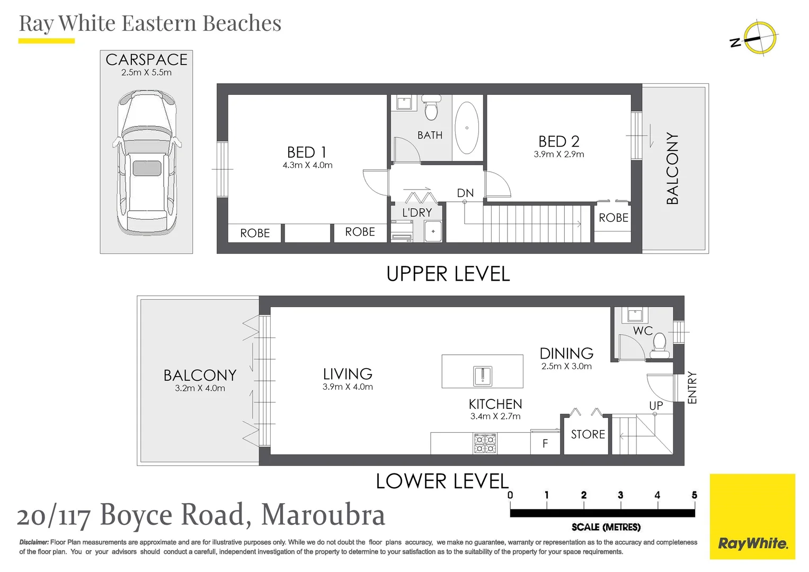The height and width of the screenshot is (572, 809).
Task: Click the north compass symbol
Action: [x=759, y=38]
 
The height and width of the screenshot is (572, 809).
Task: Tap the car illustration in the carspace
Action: [x=147, y=162]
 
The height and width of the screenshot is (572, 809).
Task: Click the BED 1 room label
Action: [x=306, y=153]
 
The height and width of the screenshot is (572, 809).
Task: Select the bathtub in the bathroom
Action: [x=467, y=128]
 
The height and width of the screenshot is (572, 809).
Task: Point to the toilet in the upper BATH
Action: [x=431, y=108]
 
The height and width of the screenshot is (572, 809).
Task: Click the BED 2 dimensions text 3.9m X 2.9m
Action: [x=558, y=155]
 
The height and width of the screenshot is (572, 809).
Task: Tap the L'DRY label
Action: [x=417, y=212]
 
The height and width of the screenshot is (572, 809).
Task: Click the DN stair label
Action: [x=465, y=193]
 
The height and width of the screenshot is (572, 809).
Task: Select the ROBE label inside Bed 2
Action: [x=613, y=218]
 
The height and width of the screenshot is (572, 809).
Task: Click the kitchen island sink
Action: [x=482, y=376]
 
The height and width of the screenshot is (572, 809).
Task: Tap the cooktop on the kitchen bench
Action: [x=485, y=443]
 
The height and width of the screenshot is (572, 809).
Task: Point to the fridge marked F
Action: [x=545, y=444]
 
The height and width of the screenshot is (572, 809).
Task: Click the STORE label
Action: [x=588, y=434]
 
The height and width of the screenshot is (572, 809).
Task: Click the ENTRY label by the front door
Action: [x=692, y=388]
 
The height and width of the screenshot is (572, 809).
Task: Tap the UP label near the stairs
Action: [x=656, y=406]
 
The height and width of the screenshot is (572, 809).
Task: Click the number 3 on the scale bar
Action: [x=620, y=495]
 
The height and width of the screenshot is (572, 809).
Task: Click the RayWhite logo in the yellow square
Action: [x=752, y=543]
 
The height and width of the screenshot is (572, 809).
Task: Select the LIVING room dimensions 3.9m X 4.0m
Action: [x=348, y=387]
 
